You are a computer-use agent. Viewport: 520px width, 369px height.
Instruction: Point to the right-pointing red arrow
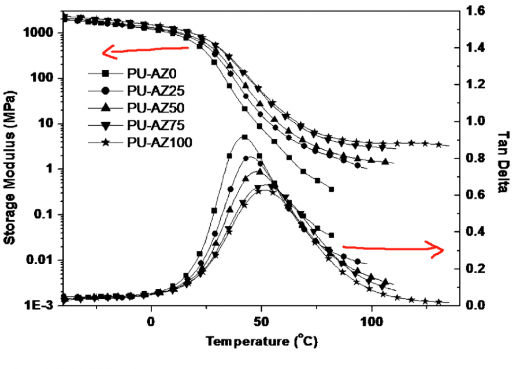tap(393, 248)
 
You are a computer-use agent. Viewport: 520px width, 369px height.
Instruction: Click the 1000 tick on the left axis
tap(41, 33)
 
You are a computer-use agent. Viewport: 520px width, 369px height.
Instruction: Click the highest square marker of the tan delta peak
tap(244, 137)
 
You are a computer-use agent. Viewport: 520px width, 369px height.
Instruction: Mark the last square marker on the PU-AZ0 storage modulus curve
tap(331, 189)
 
